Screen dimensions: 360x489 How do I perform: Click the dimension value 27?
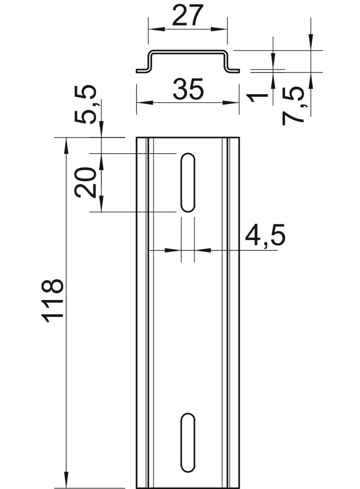pyautogui.click(x=188, y=15)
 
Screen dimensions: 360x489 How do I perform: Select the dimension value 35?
pyautogui.click(x=188, y=89)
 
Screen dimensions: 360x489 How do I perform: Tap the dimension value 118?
pyautogui.click(x=53, y=300)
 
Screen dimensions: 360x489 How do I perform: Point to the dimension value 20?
pyautogui.click(x=84, y=182)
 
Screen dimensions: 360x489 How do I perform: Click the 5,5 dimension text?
pyautogui.click(x=85, y=104)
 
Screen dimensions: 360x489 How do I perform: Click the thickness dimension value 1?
pyautogui.click(x=257, y=98)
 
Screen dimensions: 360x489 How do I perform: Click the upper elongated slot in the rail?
pyautogui.click(x=188, y=183)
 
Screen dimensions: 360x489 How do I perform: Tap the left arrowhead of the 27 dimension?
pyautogui.click(x=156, y=29)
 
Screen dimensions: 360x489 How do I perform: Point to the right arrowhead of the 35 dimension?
pyautogui.click(x=231, y=103)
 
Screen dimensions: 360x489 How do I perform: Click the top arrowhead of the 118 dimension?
pyautogui.click(x=66, y=145)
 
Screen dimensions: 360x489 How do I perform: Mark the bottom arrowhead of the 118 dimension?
pyautogui.click(x=66, y=480)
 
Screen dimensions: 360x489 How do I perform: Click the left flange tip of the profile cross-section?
pyautogui.click(x=137, y=71)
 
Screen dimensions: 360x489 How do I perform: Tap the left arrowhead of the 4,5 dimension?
pyautogui.click(x=173, y=250)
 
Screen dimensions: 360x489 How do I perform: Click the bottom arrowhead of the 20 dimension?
pyautogui.click(x=101, y=204)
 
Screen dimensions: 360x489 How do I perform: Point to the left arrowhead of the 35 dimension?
pyautogui.click(x=145, y=103)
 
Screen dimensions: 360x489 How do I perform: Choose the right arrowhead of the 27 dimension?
pyautogui.click(x=219, y=29)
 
